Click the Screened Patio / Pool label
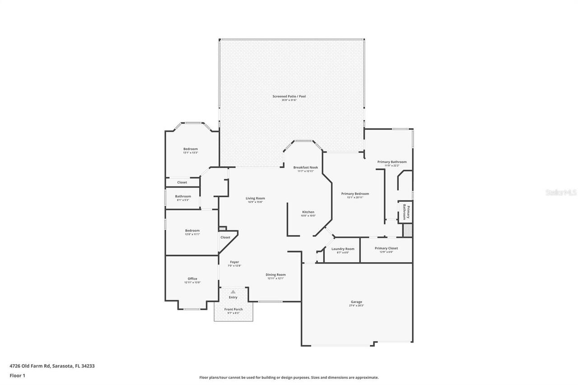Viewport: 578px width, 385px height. pos(289,96)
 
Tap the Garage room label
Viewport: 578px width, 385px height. pos(356,302)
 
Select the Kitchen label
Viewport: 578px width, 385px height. pos(308,212)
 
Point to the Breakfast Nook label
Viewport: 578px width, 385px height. pos(305,167)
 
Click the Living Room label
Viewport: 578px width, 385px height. pos(255,198)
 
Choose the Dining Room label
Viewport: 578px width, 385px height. pos(275,274)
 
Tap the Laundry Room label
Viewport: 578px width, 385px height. pos(343,249)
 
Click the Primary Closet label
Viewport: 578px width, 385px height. pos(387,248)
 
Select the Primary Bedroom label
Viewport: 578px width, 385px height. pos(355,194)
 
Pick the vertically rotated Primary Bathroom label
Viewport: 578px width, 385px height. pos(406,212)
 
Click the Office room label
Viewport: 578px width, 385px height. pos(192,278)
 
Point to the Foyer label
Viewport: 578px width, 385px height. pos(234,262)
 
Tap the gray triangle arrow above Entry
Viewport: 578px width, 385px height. pos(233,292)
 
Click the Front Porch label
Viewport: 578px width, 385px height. pos(233,309)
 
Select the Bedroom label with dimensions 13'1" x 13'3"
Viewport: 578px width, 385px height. pos(190,149)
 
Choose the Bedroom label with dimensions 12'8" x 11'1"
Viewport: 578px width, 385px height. pos(192,231)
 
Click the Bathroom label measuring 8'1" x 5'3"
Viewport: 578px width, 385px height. pos(183,196)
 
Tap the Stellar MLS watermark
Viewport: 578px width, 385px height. pos(561,192)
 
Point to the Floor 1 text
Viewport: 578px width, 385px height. pos(17,375)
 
